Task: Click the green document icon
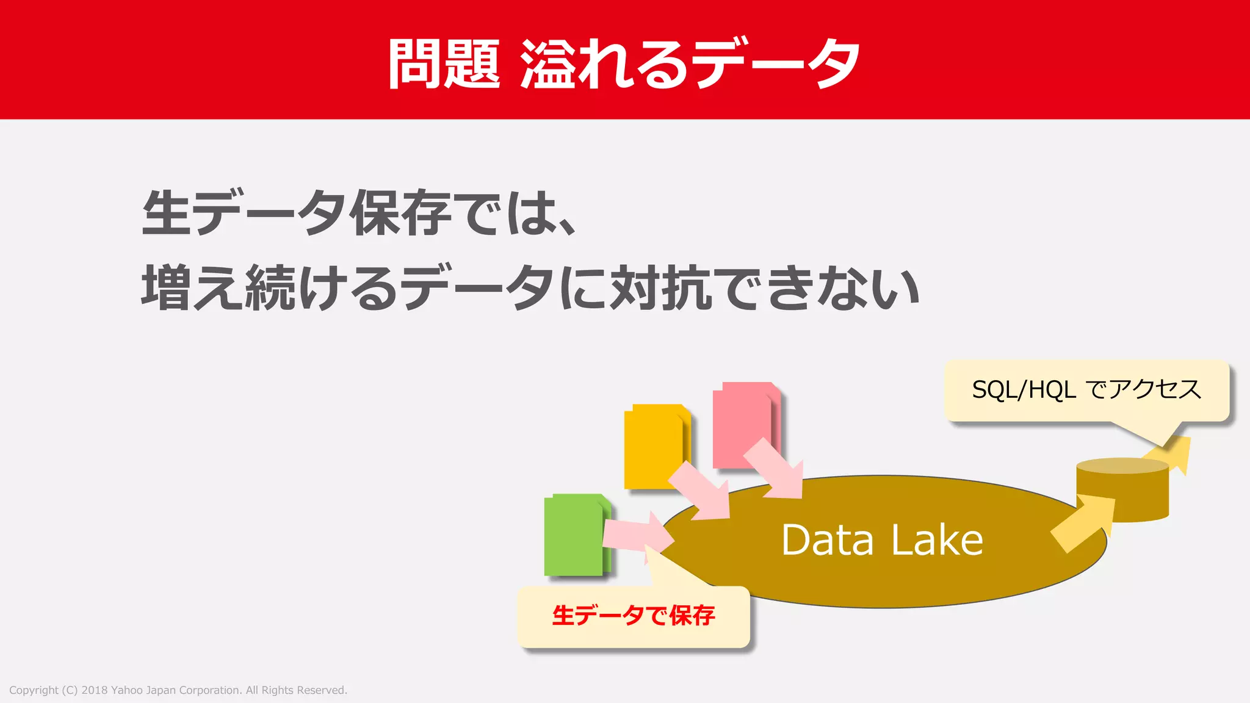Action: (574, 535)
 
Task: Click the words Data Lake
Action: (882, 541)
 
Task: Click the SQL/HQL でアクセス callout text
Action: (1086, 389)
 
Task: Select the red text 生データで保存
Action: (634, 615)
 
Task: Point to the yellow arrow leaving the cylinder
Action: (1172, 453)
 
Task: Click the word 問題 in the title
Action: (444, 63)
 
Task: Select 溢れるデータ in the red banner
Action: (690, 63)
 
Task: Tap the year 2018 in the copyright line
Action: (95, 690)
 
